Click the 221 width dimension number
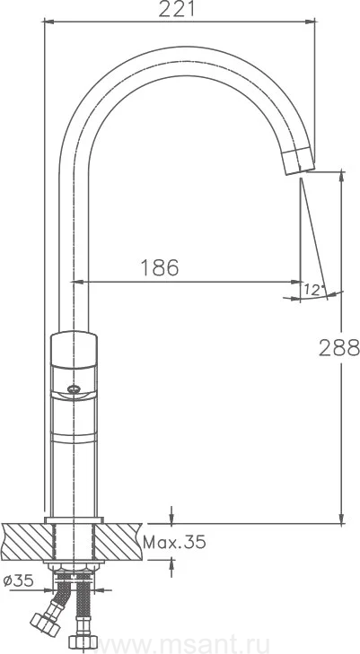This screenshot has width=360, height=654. (177, 8)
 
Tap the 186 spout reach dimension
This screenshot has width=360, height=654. (159, 267)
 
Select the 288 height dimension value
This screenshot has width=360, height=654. (338, 347)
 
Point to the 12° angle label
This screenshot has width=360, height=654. (314, 289)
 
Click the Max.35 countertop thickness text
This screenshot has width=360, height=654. (174, 542)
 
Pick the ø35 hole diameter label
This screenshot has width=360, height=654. (18, 580)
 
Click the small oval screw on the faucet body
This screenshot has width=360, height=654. (74, 389)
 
